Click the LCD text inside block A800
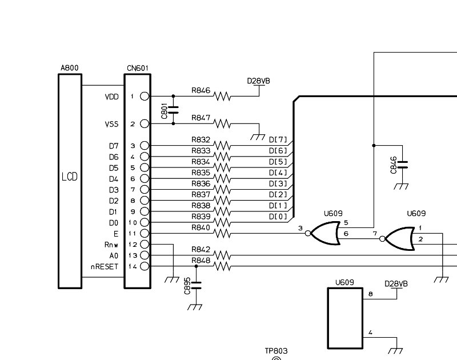pyautogui.click(x=70, y=177)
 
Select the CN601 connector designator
pyautogui.click(x=138, y=68)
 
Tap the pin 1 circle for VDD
pyautogui.click(x=145, y=96)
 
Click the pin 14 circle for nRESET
pyautogui.click(x=145, y=266)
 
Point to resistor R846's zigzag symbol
pyautogui.click(x=222, y=96)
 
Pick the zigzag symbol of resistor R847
pyautogui.click(x=222, y=124)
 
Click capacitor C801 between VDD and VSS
pyautogui.click(x=174, y=110)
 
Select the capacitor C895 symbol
pyautogui.click(x=196, y=285)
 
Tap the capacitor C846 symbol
pyautogui.click(x=403, y=165)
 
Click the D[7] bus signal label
pyautogui.click(x=278, y=140)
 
